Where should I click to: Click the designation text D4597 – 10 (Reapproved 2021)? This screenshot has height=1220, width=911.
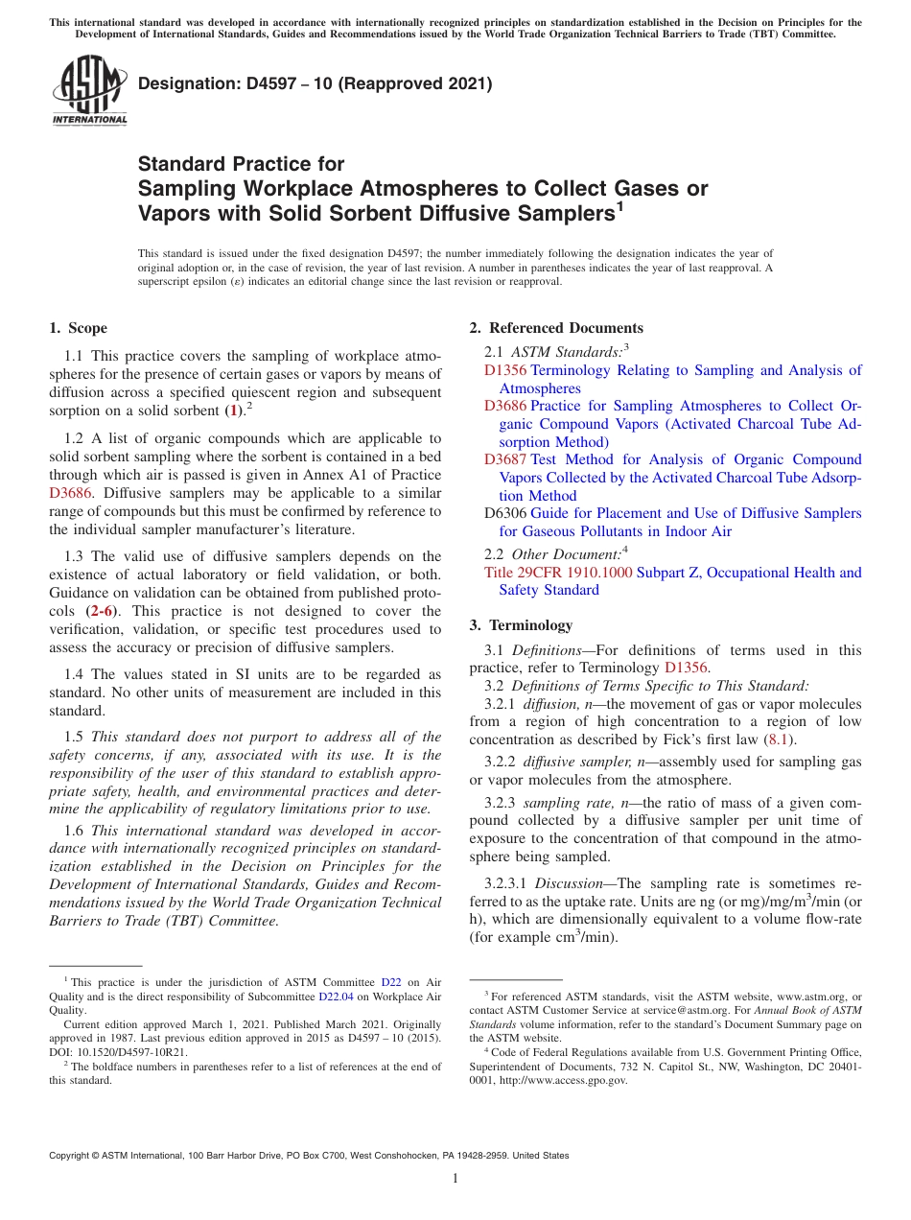tap(315, 83)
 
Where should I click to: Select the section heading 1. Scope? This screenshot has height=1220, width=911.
tap(78, 328)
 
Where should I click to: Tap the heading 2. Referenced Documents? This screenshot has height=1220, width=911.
tap(556, 328)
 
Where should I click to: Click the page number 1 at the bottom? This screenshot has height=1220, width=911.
tap(455, 1179)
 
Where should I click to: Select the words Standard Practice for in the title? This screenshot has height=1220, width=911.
tap(241, 164)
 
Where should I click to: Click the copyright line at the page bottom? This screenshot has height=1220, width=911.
tap(309, 1156)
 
